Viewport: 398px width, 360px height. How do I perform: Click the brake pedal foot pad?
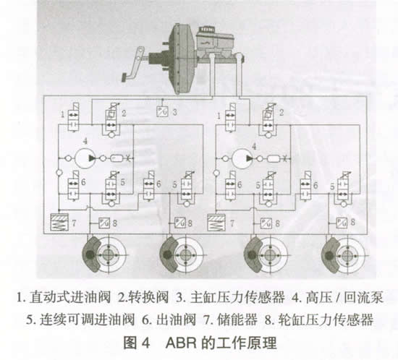[125, 77]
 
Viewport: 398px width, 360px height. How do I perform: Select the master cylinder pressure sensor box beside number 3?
[162, 111]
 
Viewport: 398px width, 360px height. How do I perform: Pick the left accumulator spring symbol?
[59, 222]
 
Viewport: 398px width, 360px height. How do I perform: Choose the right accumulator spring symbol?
[216, 223]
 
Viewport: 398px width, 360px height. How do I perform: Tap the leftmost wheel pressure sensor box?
[104, 223]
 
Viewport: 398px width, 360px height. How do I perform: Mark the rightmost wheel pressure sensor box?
[342, 223]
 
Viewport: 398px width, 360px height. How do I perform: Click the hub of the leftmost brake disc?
[109, 254]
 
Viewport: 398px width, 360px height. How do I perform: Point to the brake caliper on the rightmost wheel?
[331, 255]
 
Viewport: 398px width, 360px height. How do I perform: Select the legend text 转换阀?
[148, 297]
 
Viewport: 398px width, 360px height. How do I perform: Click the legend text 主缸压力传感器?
[238, 297]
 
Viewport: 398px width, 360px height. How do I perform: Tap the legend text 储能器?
[237, 320]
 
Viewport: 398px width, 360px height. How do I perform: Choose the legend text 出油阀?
[176, 320]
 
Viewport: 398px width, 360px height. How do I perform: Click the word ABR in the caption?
[181, 343]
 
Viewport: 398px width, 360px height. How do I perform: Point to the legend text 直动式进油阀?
[70, 297]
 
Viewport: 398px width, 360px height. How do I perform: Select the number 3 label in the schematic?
[175, 112]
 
